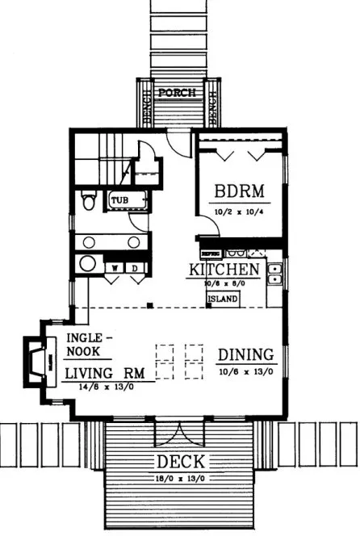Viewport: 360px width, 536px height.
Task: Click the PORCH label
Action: tap(177, 93)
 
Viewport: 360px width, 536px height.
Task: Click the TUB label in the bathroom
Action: tap(120, 199)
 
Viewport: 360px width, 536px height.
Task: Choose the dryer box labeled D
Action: tap(135, 267)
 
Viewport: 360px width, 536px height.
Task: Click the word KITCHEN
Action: tap(224, 270)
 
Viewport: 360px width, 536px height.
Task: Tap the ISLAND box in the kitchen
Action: tap(223, 299)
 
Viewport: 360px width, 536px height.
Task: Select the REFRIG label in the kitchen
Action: tap(211, 252)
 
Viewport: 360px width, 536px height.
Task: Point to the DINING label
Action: tap(246, 355)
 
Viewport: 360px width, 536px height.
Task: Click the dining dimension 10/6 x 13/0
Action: tap(245, 372)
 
